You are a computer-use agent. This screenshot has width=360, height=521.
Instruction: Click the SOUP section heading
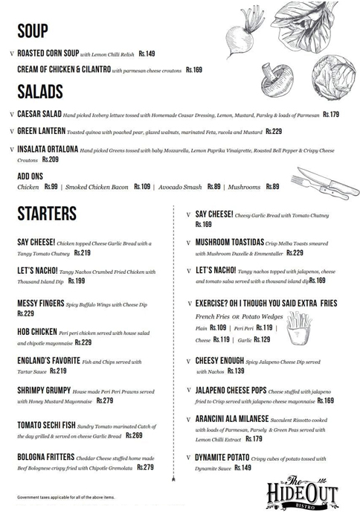[x=32, y=31]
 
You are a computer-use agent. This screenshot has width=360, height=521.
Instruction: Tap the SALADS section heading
[x=40, y=92]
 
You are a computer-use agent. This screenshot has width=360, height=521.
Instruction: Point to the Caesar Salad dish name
[x=39, y=115]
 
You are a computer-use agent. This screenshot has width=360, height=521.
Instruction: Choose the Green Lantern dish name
[x=41, y=131]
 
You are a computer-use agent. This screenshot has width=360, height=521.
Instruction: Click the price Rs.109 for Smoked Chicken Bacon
[x=142, y=187]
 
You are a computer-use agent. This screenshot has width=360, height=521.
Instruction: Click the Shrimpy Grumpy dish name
[x=45, y=390]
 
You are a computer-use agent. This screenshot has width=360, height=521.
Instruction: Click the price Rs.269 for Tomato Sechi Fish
[x=134, y=435]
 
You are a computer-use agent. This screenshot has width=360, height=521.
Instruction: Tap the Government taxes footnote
[x=66, y=496]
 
